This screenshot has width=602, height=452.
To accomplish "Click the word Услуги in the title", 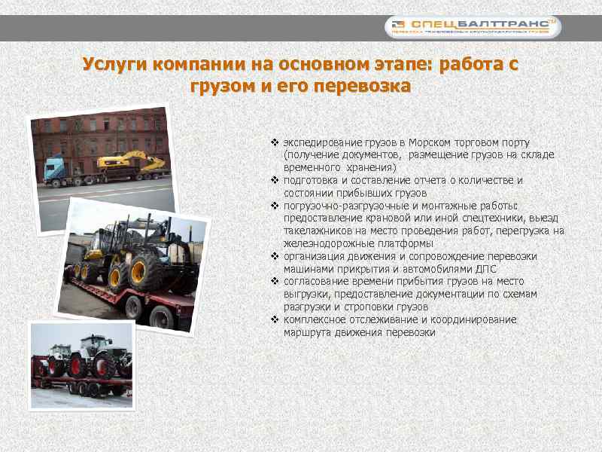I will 114,64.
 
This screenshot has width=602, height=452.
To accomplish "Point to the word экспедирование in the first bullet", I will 317,142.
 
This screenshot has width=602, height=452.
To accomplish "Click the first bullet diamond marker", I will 275,142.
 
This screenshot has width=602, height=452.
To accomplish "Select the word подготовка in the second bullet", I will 312,180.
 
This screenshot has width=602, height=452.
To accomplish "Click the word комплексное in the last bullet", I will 313,319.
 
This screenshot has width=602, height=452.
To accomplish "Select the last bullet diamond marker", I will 275,319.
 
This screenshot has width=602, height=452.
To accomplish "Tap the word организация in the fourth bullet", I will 313,256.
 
